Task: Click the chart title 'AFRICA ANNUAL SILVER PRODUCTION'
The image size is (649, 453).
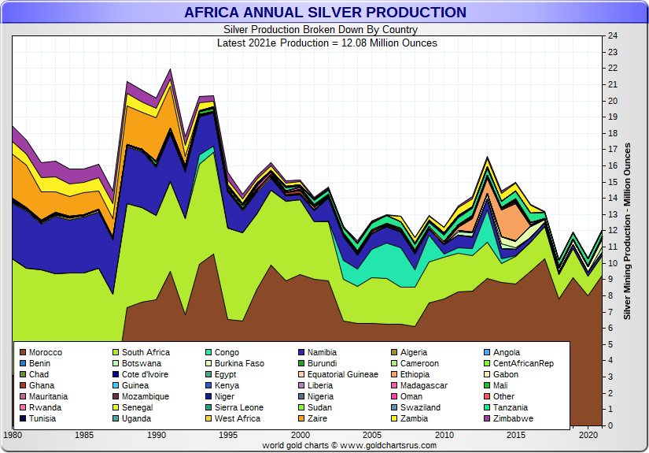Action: click(x=324, y=13)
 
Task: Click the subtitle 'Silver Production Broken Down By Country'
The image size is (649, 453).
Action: click(x=324, y=30)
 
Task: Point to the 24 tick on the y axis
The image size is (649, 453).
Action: click(x=612, y=36)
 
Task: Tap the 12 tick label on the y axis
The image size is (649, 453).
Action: click(x=612, y=231)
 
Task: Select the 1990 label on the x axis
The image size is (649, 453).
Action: click(x=157, y=435)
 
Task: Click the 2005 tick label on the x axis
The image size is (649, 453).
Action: click(x=373, y=435)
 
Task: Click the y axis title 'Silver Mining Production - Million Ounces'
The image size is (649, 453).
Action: click(x=628, y=231)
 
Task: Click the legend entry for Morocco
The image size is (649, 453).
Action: click(x=45, y=353)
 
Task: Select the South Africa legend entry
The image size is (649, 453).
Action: click(x=146, y=353)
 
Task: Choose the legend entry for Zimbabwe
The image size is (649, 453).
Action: click(x=512, y=419)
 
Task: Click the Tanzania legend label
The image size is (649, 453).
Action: click(x=511, y=408)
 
